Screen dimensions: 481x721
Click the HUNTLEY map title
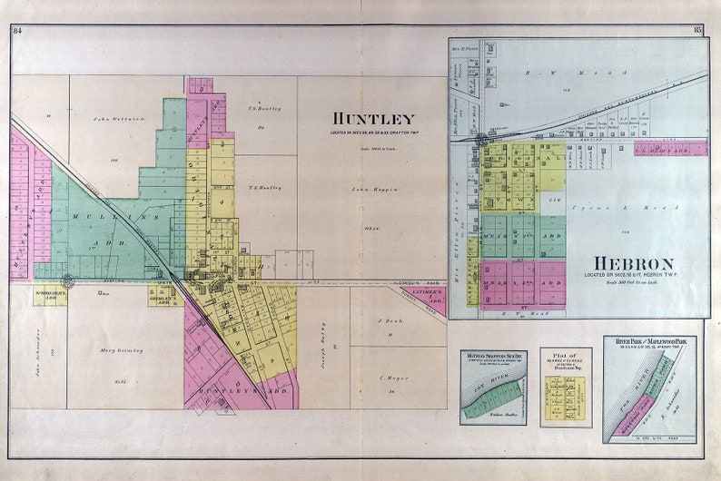pos(372,119)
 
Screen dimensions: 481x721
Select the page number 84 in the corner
pos(17,31)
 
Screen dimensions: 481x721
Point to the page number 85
pos(698,31)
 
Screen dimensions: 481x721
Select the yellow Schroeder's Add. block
pos(50,295)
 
